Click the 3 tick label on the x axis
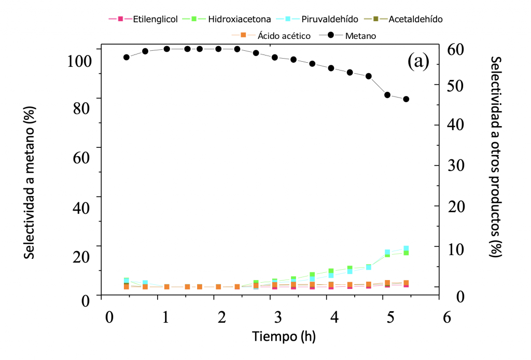278,316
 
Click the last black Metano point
406,99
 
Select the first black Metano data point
126,57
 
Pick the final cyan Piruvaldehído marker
406,248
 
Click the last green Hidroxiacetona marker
406,253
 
